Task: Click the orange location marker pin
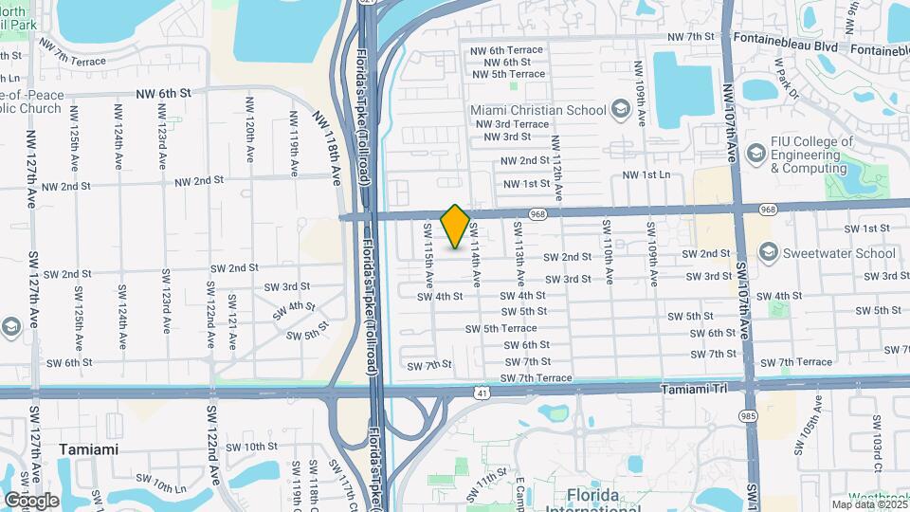tap(455, 227)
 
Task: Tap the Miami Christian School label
tap(538, 110)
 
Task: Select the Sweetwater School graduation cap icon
tap(768, 252)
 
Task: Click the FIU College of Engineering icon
tap(755, 153)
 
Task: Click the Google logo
tap(31, 501)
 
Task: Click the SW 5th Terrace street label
tap(500, 328)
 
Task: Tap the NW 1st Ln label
tap(646, 174)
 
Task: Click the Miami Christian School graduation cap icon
tap(621, 110)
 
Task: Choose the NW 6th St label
tap(163, 93)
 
